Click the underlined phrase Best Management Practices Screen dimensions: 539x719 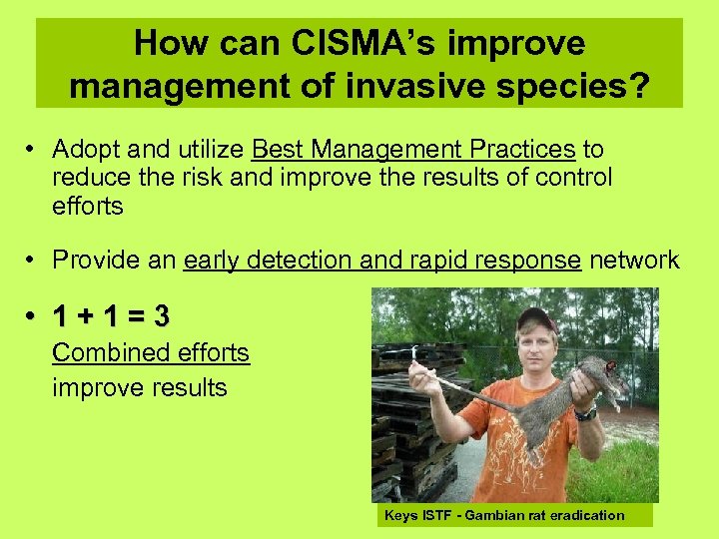[413, 150]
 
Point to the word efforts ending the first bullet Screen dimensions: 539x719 [88, 207]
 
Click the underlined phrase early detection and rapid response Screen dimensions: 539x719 [382, 261]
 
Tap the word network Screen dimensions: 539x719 [634, 261]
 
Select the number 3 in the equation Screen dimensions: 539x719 [162, 317]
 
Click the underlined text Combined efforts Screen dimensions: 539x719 [151, 353]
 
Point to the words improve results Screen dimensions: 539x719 [140, 387]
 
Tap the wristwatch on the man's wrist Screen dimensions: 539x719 [585, 412]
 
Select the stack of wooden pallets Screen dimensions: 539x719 [409, 419]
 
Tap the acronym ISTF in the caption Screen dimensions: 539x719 [435, 516]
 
